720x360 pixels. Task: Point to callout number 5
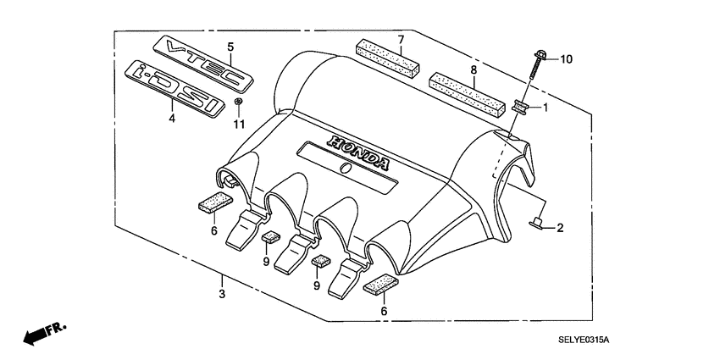[x=230, y=46]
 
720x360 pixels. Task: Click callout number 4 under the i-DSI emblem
[x=172, y=119]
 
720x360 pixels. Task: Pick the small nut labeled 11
[x=239, y=103]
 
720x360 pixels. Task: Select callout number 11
[x=239, y=125]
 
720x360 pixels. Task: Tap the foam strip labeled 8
[x=467, y=90]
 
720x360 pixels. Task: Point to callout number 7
[x=401, y=39]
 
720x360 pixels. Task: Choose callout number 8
[x=474, y=69]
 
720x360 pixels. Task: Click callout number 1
[x=546, y=108]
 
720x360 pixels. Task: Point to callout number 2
[x=560, y=228]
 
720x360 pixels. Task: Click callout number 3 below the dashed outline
[x=221, y=294]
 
